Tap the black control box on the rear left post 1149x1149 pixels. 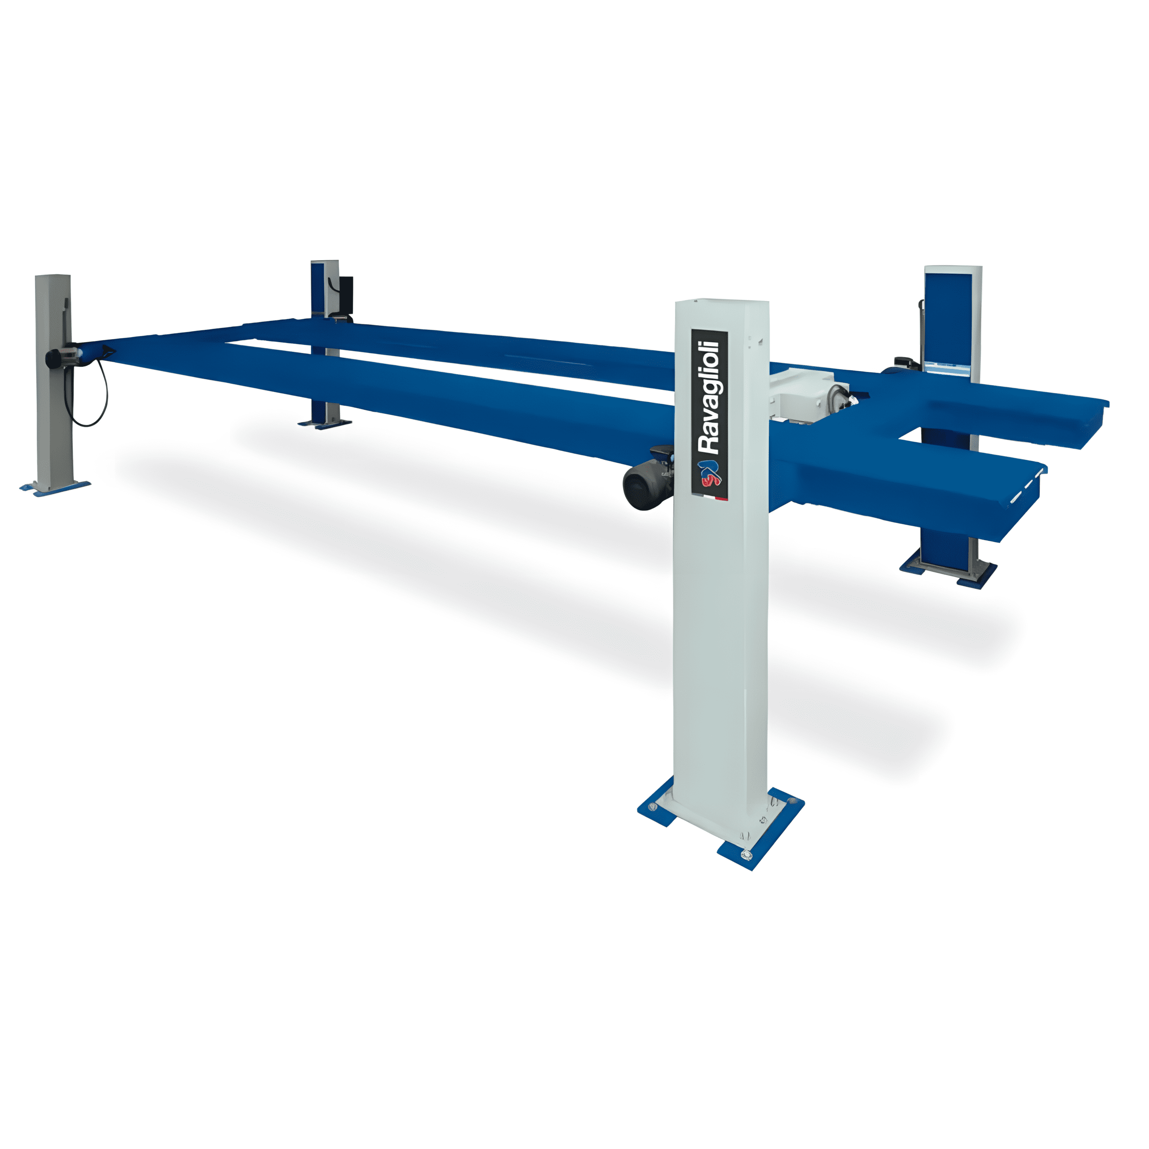tap(345, 294)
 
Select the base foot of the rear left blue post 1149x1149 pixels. tap(325, 423)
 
